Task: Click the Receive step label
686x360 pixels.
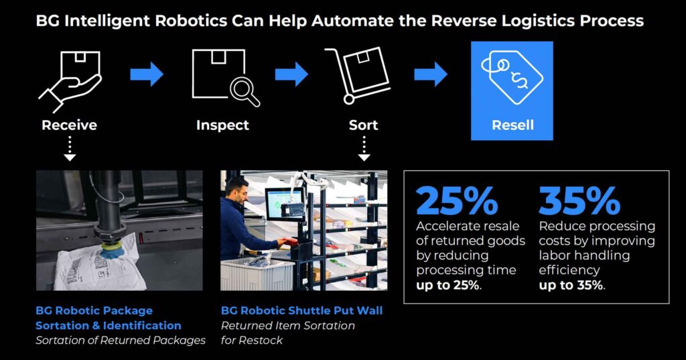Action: point(69,125)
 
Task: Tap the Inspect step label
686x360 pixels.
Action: point(222,125)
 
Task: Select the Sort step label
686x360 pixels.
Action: point(363,125)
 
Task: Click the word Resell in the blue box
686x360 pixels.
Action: point(512,125)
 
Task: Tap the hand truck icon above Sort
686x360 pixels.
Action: point(357,75)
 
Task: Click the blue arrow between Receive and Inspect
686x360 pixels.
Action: point(147,74)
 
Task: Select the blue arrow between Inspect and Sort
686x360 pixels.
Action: point(291,74)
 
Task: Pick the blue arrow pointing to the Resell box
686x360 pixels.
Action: point(431,74)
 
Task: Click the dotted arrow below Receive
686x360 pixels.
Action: point(70,149)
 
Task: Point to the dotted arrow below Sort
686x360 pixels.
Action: point(364,149)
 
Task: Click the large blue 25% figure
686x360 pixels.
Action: point(457,200)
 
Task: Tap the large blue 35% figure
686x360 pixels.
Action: point(579,200)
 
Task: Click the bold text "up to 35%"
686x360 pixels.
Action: point(571,285)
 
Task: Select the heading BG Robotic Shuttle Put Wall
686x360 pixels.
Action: point(302,310)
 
